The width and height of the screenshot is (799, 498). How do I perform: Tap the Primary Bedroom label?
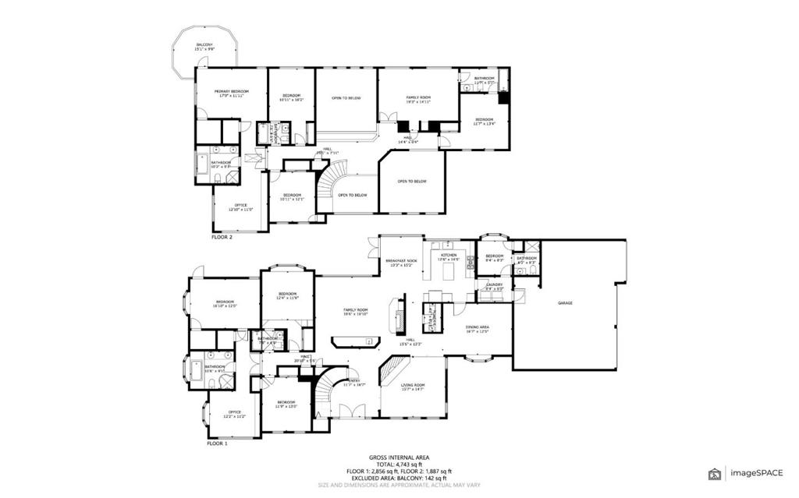(x=230, y=94)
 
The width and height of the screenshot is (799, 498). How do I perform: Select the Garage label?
(x=565, y=302)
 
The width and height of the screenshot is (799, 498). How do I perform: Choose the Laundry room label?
(x=495, y=286)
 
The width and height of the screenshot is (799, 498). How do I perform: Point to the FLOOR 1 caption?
(x=218, y=443)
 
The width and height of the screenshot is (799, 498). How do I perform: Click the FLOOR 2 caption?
(x=222, y=237)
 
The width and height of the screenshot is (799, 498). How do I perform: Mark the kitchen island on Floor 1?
(x=449, y=271)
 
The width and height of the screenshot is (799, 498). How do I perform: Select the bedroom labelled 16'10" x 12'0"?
(x=225, y=303)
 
